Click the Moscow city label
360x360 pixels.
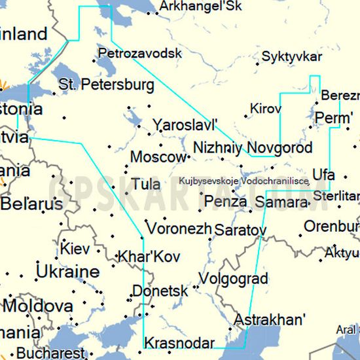tap(158, 158)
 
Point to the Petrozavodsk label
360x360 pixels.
tap(139, 53)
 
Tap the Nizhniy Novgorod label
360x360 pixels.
tap(253, 147)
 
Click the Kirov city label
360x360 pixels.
tap(265, 107)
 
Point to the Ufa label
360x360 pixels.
tap(323, 175)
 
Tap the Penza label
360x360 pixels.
tap(226, 202)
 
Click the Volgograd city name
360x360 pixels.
tap(232, 279)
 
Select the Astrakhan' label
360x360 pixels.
tap(270, 320)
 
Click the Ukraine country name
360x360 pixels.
tap(68, 272)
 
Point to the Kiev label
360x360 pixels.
tap(75, 249)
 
